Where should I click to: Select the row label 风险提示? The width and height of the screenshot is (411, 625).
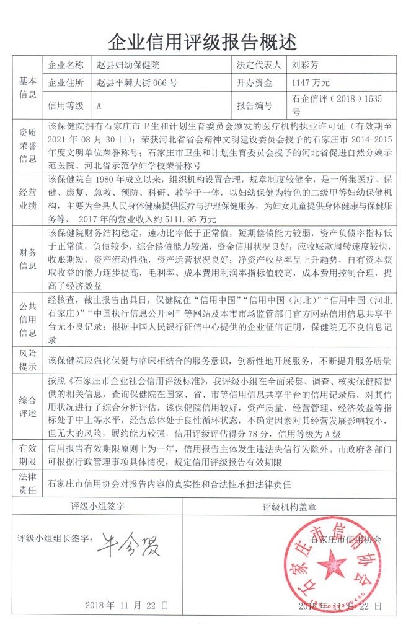click(27, 360)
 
